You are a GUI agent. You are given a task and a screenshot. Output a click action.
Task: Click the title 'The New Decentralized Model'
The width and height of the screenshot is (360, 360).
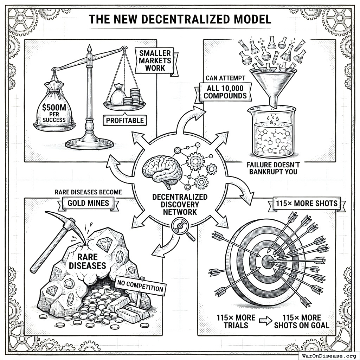pyautogui.click(x=180, y=19)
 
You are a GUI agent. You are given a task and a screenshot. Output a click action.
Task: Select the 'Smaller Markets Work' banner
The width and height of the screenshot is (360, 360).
pyautogui.click(x=155, y=60)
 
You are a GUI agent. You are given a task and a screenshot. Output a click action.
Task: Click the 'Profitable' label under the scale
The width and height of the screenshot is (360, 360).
pyautogui.click(x=125, y=121)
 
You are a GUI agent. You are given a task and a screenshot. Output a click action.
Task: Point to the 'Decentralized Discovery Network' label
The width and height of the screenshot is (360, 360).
pyautogui.click(x=180, y=204)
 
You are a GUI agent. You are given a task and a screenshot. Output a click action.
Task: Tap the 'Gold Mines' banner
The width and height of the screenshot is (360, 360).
pyautogui.click(x=88, y=204)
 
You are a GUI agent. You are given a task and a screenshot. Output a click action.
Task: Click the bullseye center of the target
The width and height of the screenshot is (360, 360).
pyautogui.click(x=268, y=262)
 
